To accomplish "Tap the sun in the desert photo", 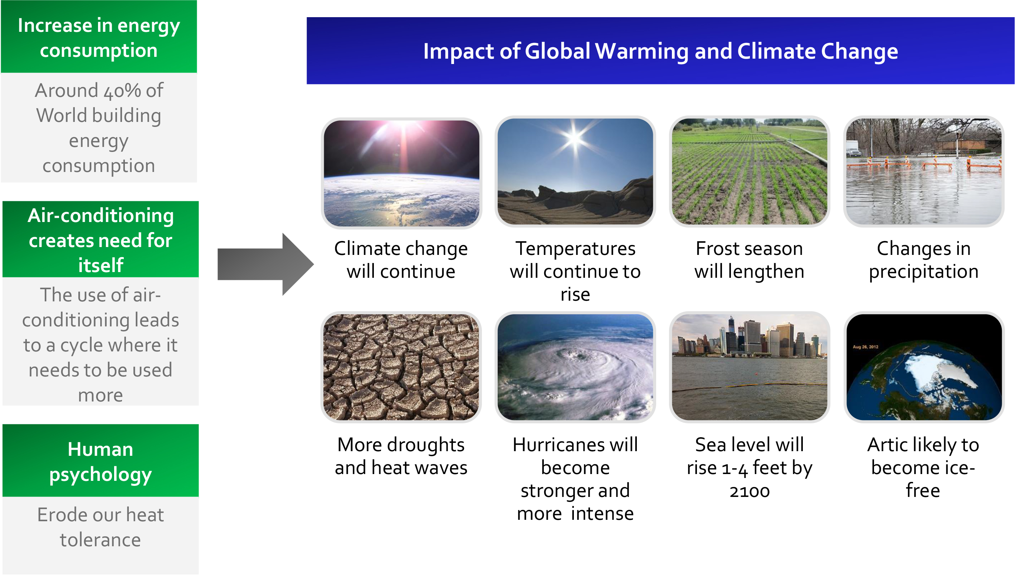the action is pos(575,138).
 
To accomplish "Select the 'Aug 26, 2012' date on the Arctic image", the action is pos(865,347).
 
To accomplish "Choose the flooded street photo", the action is pos(924,172).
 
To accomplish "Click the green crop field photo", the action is pos(750,172).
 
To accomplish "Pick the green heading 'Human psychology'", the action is pos(100,462).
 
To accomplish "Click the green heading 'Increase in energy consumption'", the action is pos(99,38).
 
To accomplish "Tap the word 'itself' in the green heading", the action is pos(101,265).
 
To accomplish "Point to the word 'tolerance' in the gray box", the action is pos(100,540).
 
